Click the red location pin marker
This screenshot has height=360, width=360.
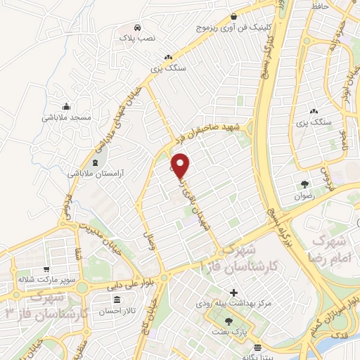coord(181,165)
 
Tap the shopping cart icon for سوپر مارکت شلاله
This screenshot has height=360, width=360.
coord(46,269)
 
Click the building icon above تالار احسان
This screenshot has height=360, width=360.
coord(131,298)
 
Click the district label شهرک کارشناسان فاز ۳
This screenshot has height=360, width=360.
coord(44,301)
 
